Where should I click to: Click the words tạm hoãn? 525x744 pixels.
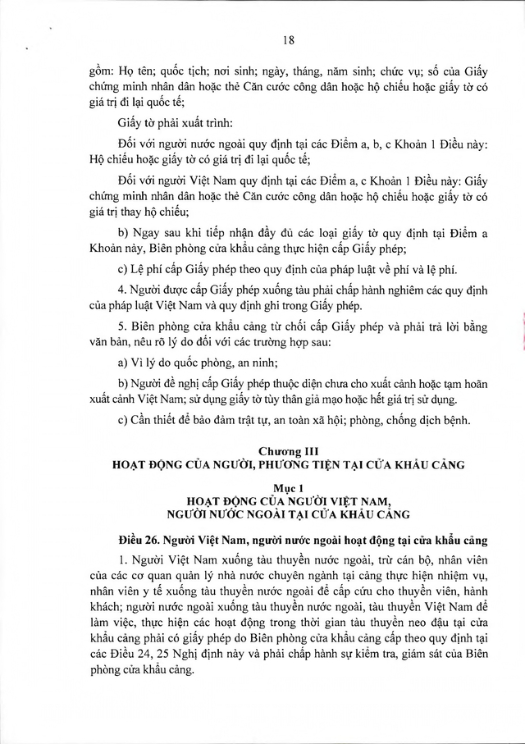click(456, 382)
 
